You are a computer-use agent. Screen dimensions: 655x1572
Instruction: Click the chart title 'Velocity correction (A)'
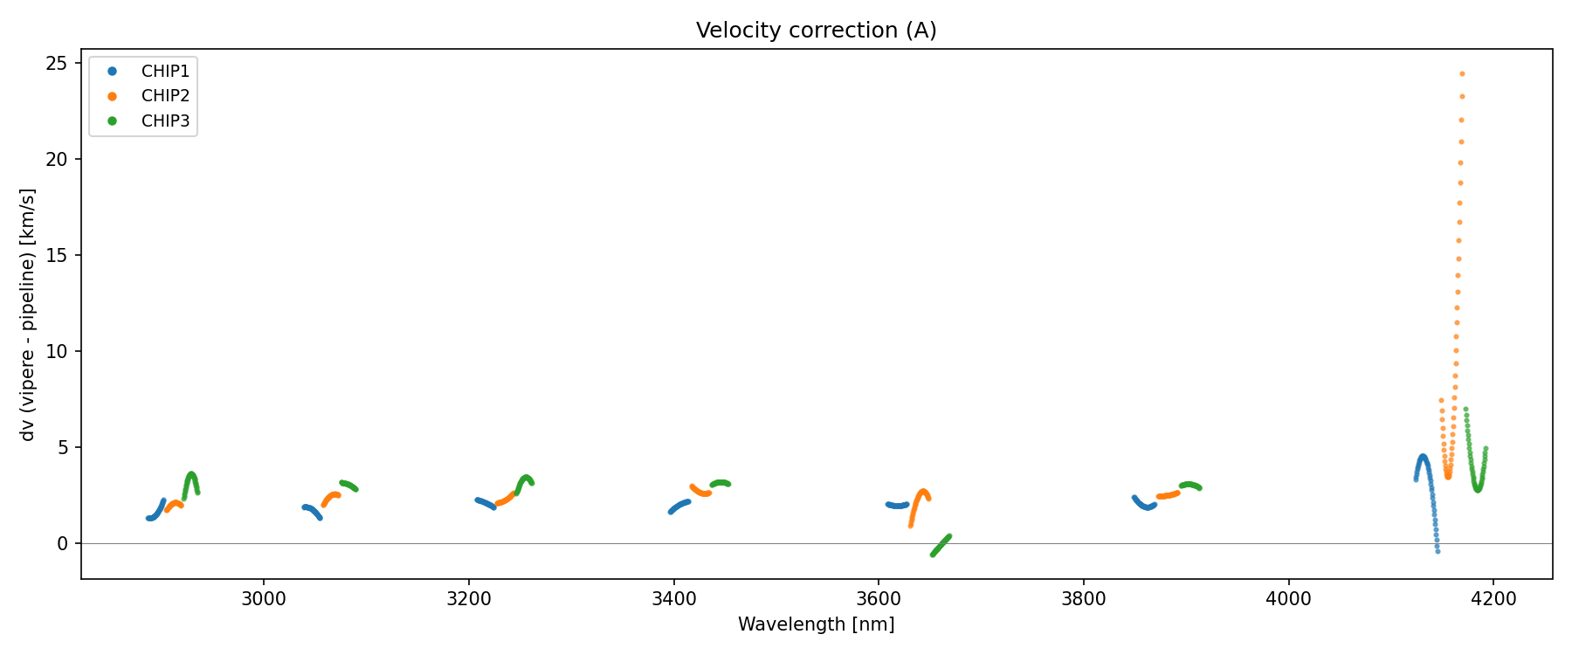point(816,31)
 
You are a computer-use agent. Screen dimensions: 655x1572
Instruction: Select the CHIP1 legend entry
point(165,71)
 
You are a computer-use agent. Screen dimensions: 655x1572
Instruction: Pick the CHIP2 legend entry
point(165,96)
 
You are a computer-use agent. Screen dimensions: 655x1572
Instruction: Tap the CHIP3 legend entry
point(165,121)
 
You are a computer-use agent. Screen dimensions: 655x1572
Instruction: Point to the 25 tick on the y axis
point(58,63)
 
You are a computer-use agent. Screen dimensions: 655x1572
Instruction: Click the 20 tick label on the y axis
point(58,159)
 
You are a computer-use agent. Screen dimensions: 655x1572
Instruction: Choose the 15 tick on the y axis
point(58,255)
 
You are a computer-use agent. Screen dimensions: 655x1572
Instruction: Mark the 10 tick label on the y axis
point(58,351)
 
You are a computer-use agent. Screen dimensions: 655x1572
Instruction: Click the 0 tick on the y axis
point(63,543)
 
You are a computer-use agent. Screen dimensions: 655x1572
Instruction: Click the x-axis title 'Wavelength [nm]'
point(816,624)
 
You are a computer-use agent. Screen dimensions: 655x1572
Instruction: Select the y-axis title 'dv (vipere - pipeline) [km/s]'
point(28,314)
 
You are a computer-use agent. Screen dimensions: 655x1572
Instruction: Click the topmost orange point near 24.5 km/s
point(1462,74)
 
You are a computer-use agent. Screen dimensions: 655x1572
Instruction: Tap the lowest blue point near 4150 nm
point(1438,551)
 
